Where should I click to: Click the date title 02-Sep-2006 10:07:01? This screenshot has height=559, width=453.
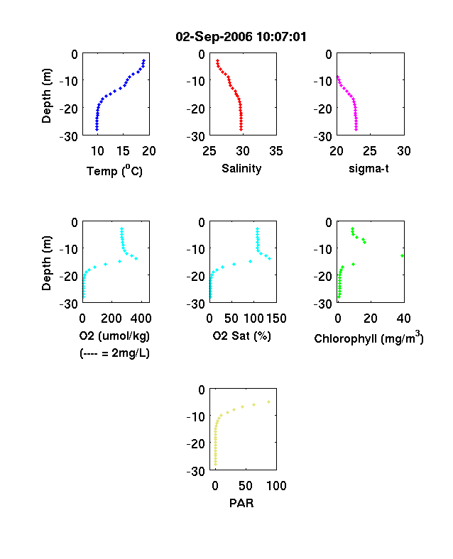click(241, 37)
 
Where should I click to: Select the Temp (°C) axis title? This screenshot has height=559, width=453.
click(114, 171)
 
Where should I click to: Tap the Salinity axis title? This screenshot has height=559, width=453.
click(241, 169)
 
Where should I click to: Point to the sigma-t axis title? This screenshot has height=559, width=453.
click(369, 169)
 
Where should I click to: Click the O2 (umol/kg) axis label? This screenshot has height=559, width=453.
click(114, 336)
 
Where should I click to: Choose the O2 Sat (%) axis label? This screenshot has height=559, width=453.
click(242, 336)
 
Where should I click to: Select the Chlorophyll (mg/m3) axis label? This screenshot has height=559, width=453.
click(369, 337)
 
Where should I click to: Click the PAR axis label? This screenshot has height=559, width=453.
click(241, 503)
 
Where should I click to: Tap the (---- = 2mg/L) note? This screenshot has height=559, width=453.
click(114, 353)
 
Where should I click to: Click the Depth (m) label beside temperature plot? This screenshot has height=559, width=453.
click(46, 96)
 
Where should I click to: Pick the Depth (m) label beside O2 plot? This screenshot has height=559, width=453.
click(46, 263)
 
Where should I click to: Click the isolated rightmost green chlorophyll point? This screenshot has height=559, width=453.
click(402, 255)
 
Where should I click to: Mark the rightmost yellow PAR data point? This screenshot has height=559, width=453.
click(268, 402)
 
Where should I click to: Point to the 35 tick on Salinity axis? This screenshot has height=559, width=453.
click(276, 151)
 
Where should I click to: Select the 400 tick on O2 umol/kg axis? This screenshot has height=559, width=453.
click(141, 319)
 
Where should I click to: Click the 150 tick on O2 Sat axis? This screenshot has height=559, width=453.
click(276, 319)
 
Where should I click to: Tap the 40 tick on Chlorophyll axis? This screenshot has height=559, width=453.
click(403, 319)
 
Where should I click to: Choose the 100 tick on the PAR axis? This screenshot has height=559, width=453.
click(276, 486)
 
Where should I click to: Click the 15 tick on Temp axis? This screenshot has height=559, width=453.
click(123, 151)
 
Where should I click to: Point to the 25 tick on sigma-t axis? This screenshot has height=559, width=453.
click(369, 151)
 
